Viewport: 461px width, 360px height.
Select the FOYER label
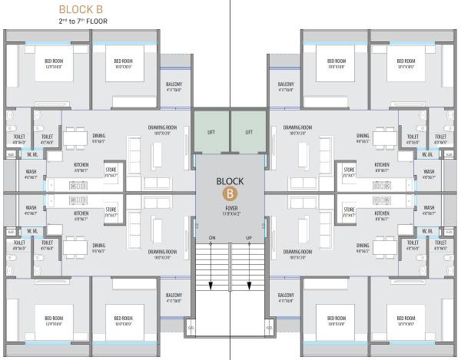point(230,207)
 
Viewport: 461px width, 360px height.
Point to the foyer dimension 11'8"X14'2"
point(230,214)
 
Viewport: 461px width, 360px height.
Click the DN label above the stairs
point(211,239)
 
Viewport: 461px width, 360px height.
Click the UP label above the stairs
point(249,239)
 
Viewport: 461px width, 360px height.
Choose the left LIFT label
point(211,132)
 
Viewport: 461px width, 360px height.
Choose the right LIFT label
point(249,132)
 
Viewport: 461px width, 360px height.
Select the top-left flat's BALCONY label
point(174,84)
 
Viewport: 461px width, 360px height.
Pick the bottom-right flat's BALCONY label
point(286,296)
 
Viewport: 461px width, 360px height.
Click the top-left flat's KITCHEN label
point(81,165)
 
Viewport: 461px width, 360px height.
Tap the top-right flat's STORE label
point(350,170)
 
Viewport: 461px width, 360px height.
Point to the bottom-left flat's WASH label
point(32,207)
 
